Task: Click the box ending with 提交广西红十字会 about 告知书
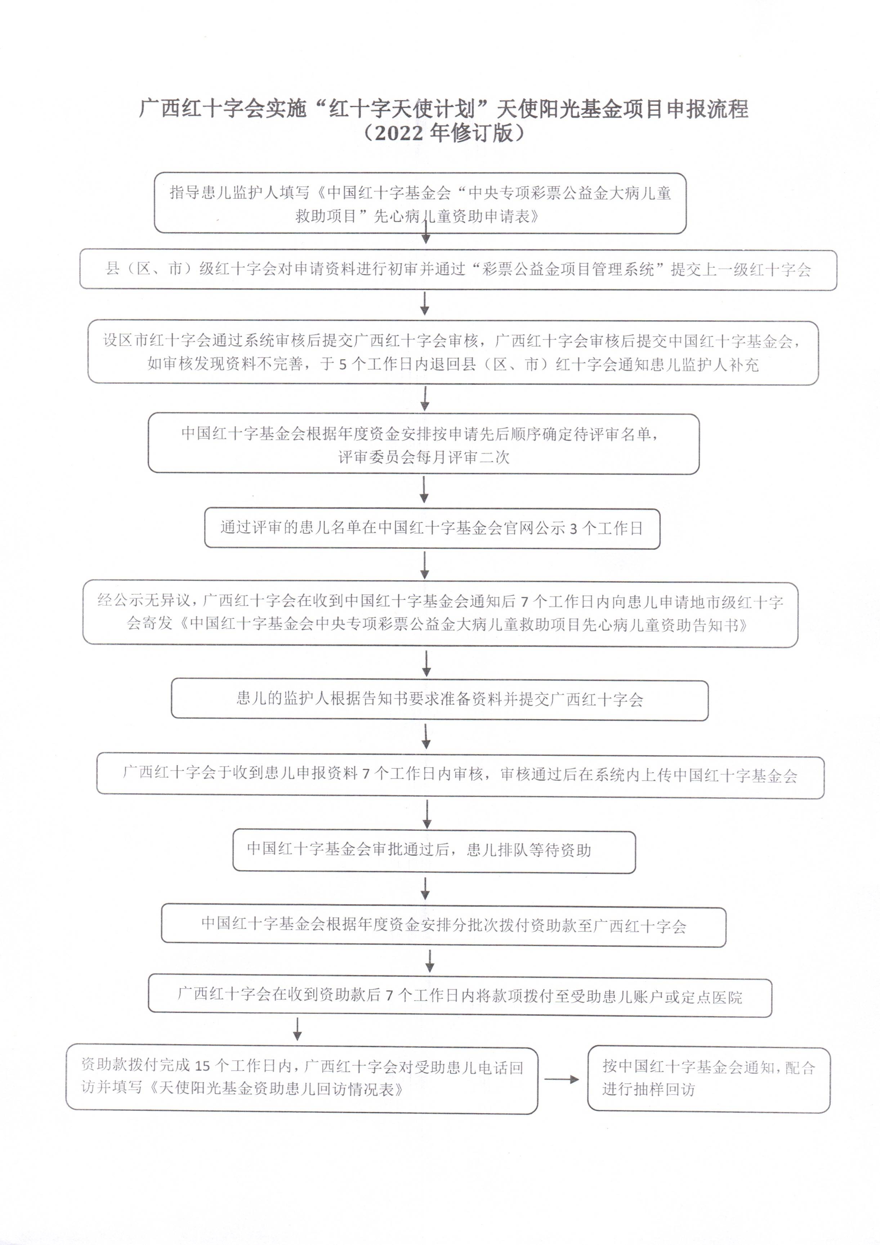[439, 699]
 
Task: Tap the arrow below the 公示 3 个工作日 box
[425, 565]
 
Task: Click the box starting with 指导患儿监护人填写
[420, 203]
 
